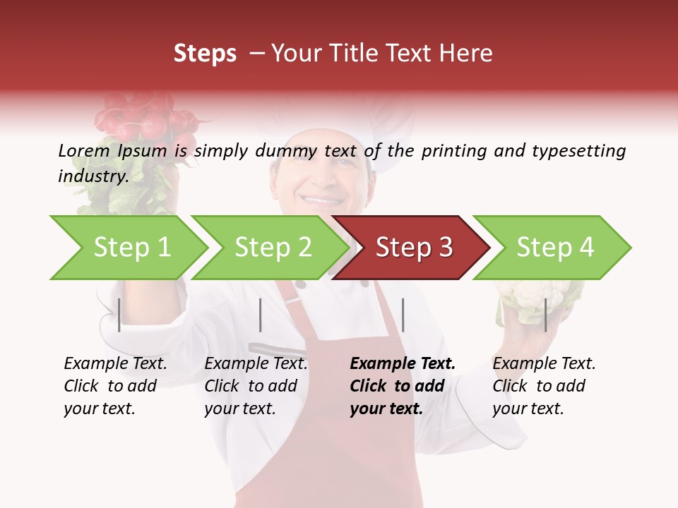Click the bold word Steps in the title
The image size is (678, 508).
pos(205,54)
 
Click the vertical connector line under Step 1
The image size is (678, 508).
pos(119,315)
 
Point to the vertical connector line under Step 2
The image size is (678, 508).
pos(261,315)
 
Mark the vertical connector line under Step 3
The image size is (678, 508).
pos(403,315)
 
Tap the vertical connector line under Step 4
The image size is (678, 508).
pos(545,315)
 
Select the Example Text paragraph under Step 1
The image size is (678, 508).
pos(115,386)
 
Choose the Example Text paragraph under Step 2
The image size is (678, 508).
pos(256,386)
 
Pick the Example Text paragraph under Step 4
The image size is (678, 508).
pos(544,386)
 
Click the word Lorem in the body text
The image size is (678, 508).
pos(83,150)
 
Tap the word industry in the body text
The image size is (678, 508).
pos(92,176)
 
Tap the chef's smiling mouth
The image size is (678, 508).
pos(323,200)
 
